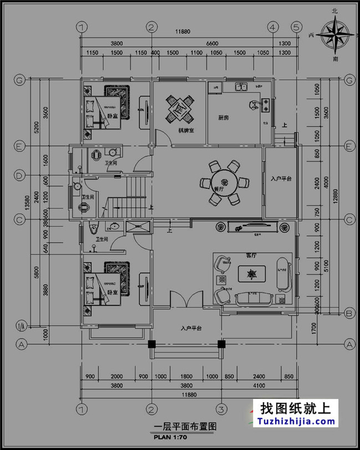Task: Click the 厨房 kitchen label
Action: (224, 117)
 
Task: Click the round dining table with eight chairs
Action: (224, 181)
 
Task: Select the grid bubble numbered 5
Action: (296, 26)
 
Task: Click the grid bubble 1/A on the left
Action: (22, 325)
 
